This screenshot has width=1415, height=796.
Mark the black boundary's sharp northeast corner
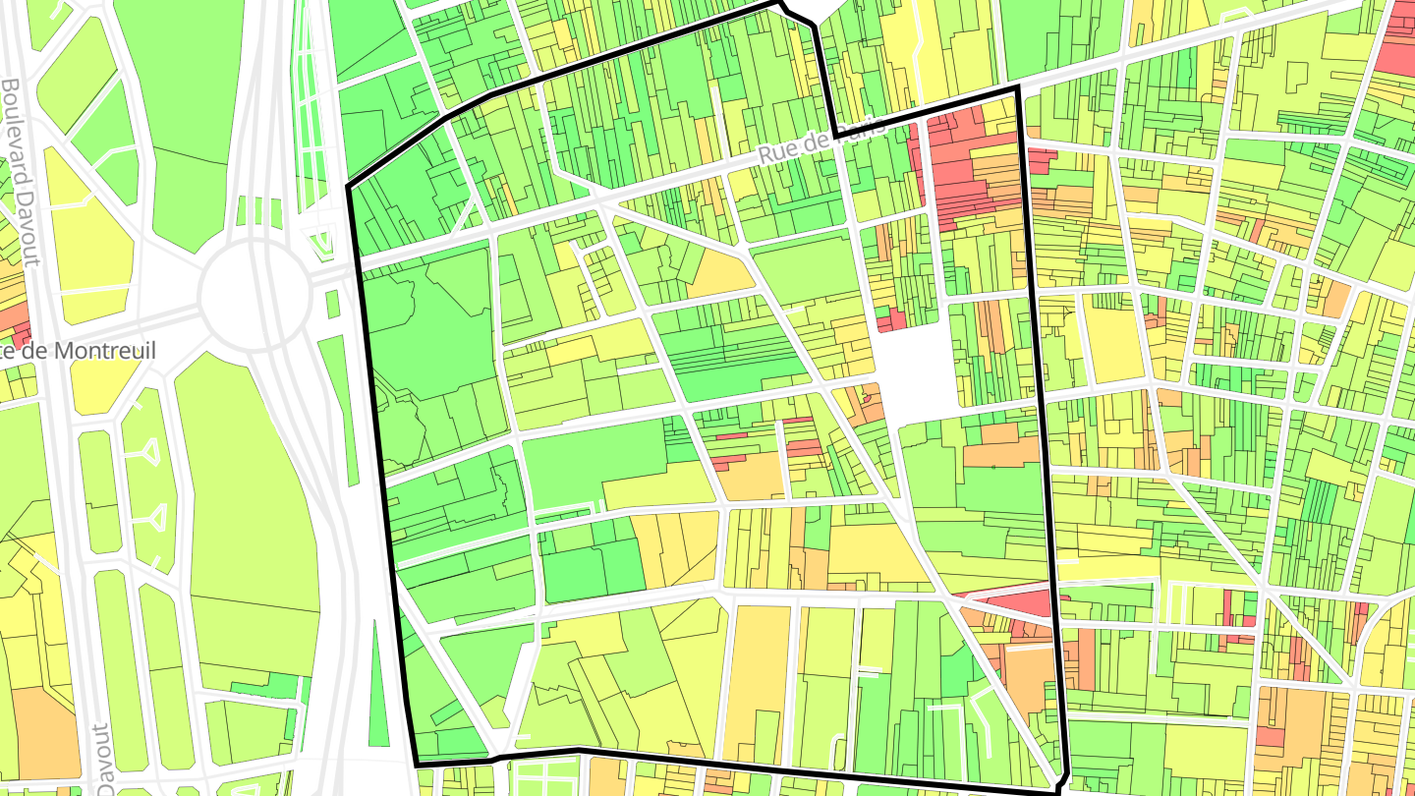(x=1016, y=90)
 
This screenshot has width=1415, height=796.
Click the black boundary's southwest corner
(x=417, y=764)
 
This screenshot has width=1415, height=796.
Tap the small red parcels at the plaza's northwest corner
(x=891, y=319)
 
